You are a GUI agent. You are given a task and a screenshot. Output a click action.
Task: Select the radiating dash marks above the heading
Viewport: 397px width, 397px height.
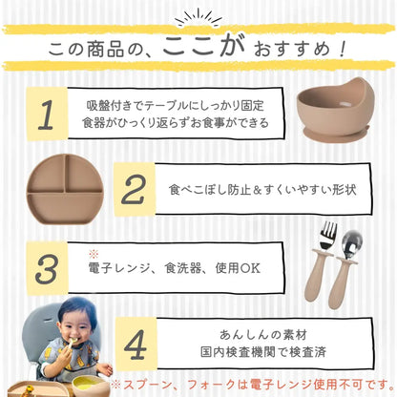click(x=198, y=15)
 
